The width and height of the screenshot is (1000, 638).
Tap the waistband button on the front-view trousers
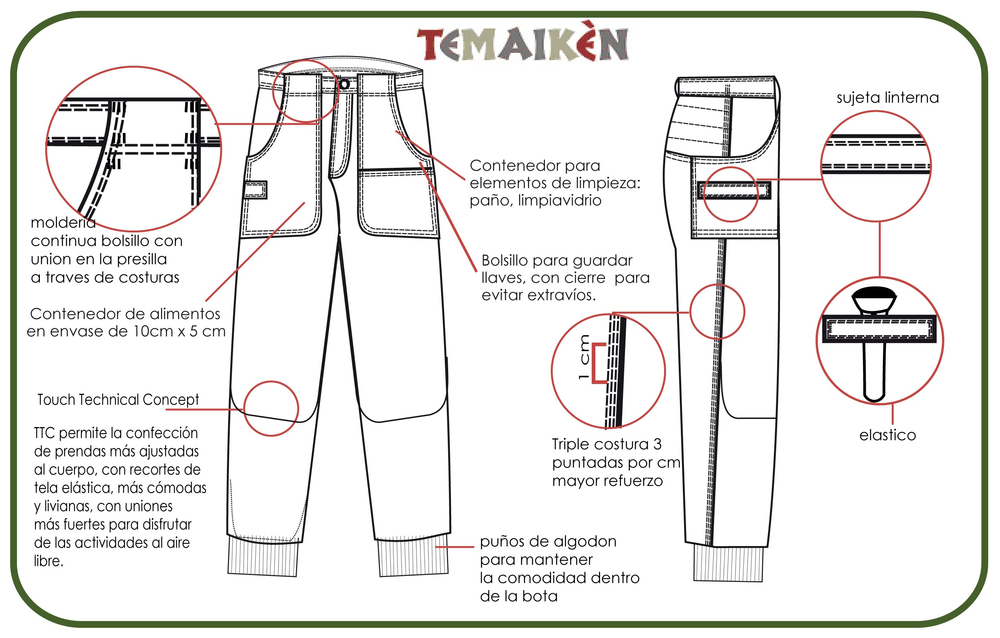344,84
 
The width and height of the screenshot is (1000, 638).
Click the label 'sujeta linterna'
887,98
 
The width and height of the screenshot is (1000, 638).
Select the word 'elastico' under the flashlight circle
887,436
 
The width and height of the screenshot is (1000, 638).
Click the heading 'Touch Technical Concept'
118,400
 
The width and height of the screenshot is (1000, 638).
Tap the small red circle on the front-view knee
271,408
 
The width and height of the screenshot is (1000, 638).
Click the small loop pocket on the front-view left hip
255,190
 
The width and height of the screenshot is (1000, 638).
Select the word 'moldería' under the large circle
63,223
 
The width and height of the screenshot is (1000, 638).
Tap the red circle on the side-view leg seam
717,312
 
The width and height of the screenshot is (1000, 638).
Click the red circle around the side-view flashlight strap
730,195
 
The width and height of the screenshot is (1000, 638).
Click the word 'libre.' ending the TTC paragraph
48,561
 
